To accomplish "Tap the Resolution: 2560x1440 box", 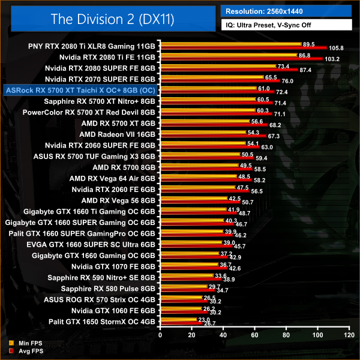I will (286, 10).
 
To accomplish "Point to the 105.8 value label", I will (336, 48).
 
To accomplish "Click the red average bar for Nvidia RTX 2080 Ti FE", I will (240, 59).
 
